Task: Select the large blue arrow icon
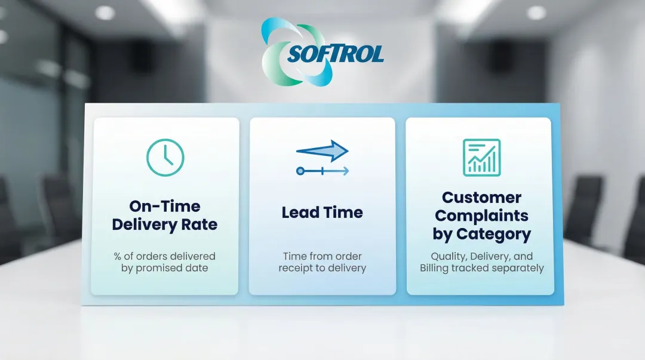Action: tap(322, 150)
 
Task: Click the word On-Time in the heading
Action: tap(165, 206)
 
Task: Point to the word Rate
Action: tap(199, 224)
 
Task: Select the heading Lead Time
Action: tap(322, 213)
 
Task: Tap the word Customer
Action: tap(482, 198)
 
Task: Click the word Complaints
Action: tap(482, 216)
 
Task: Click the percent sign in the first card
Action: tap(117, 256)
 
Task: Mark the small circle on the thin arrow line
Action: tap(300, 171)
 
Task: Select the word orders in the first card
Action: tap(151, 256)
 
